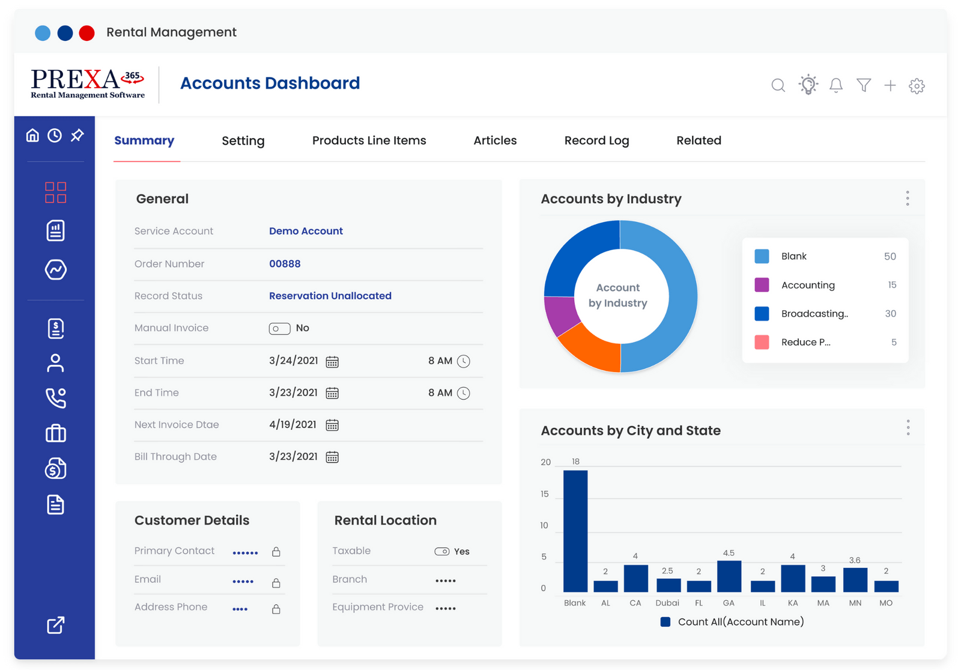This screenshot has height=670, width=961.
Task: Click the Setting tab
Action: coord(243,141)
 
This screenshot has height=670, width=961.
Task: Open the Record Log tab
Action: coord(596,141)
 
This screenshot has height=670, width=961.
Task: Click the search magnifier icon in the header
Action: coord(778,85)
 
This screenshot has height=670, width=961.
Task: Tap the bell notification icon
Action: coord(835,85)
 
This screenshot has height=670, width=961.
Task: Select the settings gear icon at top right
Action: coord(916,86)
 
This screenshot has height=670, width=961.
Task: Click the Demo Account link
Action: coord(306,231)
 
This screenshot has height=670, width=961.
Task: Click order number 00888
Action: coord(285,264)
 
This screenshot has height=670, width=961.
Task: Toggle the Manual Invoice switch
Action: coord(279,328)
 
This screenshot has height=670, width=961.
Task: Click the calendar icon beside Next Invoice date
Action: coord(332,425)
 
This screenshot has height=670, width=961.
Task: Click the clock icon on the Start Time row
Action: coord(464,361)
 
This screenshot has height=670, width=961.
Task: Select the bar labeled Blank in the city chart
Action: coord(575,531)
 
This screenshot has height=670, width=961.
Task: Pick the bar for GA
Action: coord(729,576)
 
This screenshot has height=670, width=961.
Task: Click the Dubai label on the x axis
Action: coord(667,603)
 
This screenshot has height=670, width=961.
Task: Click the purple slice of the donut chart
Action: coord(559,314)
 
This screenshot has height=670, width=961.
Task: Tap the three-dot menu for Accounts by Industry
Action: coord(907,198)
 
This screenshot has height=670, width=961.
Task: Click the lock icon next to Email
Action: coord(276,583)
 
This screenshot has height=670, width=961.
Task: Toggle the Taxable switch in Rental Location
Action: coord(442,552)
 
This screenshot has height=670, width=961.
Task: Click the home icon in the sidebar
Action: coord(32,135)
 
